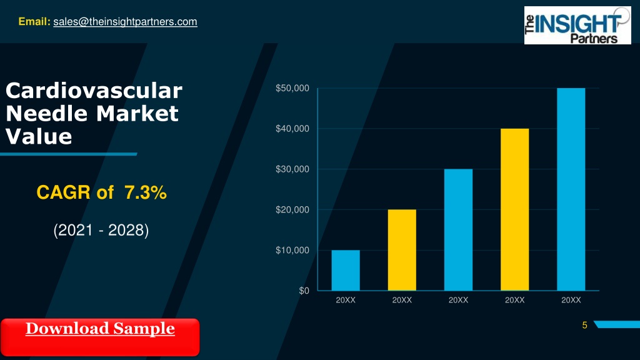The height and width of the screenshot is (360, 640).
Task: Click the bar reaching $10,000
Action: tap(346, 270)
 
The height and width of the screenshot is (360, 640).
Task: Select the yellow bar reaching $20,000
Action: tap(402, 250)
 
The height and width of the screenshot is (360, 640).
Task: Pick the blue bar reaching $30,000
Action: tap(458, 230)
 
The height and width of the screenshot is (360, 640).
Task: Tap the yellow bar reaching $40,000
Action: tap(515, 209)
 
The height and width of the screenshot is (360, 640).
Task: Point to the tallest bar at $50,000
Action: tap(571, 189)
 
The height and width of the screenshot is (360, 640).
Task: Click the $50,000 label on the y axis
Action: tap(292, 88)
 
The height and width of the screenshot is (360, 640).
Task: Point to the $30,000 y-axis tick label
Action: tap(292, 169)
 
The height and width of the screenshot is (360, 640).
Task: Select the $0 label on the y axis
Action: tap(304, 291)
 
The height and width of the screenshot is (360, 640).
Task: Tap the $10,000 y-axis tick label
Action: tap(292, 250)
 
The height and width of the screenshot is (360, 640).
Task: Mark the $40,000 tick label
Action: tap(292, 129)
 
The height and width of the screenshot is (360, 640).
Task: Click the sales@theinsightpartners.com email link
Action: tap(125, 22)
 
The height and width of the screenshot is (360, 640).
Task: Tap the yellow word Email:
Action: tap(34, 21)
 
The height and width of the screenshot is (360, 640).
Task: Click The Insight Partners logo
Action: tap(577, 25)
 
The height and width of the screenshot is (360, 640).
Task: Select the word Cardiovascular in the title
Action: tap(94, 90)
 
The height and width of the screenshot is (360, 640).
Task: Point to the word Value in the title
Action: tap(39, 136)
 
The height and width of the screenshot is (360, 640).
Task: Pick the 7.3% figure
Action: tap(145, 192)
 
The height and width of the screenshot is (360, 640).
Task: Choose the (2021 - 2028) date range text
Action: tap(101, 230)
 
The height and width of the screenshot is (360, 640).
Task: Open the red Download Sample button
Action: tap(100, 337)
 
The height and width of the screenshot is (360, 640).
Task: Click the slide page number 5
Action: tap(584, 325)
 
